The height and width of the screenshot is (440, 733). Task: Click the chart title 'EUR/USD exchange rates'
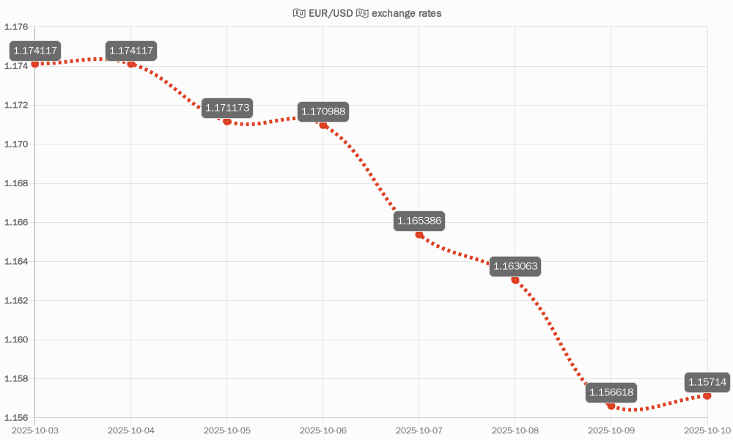click(366, 13)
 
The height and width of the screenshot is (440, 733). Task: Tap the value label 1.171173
click(227, 108)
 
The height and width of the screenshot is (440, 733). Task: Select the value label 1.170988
click(323, 112)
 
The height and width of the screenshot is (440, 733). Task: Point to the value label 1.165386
click(419, 221)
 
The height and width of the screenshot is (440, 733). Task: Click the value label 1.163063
click(515, 266)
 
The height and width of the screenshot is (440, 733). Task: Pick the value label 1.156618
click(611, 392)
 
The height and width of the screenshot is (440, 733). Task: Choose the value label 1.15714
click(707, 382)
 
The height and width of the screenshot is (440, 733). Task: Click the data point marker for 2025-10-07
click(419, 235)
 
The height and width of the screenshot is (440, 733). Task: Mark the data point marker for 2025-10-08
click(515, 280)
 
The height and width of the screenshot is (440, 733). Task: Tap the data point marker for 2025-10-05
click(227, 121)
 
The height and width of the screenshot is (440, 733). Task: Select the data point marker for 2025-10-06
click(323, 125)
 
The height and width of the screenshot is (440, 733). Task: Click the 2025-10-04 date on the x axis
click(131, 430)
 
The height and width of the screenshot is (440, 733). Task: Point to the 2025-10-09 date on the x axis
click(611, 430)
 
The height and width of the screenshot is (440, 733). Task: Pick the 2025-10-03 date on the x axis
click(35, 430)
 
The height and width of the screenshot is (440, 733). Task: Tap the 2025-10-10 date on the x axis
click(707, 430)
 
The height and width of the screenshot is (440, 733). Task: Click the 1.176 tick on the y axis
click(16, 27)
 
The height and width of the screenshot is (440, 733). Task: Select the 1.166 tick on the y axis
click(16, 222)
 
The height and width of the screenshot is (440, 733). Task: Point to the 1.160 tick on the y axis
click(16, 340)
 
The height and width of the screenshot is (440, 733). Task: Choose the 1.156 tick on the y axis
click(16, 418)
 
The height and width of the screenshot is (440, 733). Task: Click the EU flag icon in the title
click(299, 13)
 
